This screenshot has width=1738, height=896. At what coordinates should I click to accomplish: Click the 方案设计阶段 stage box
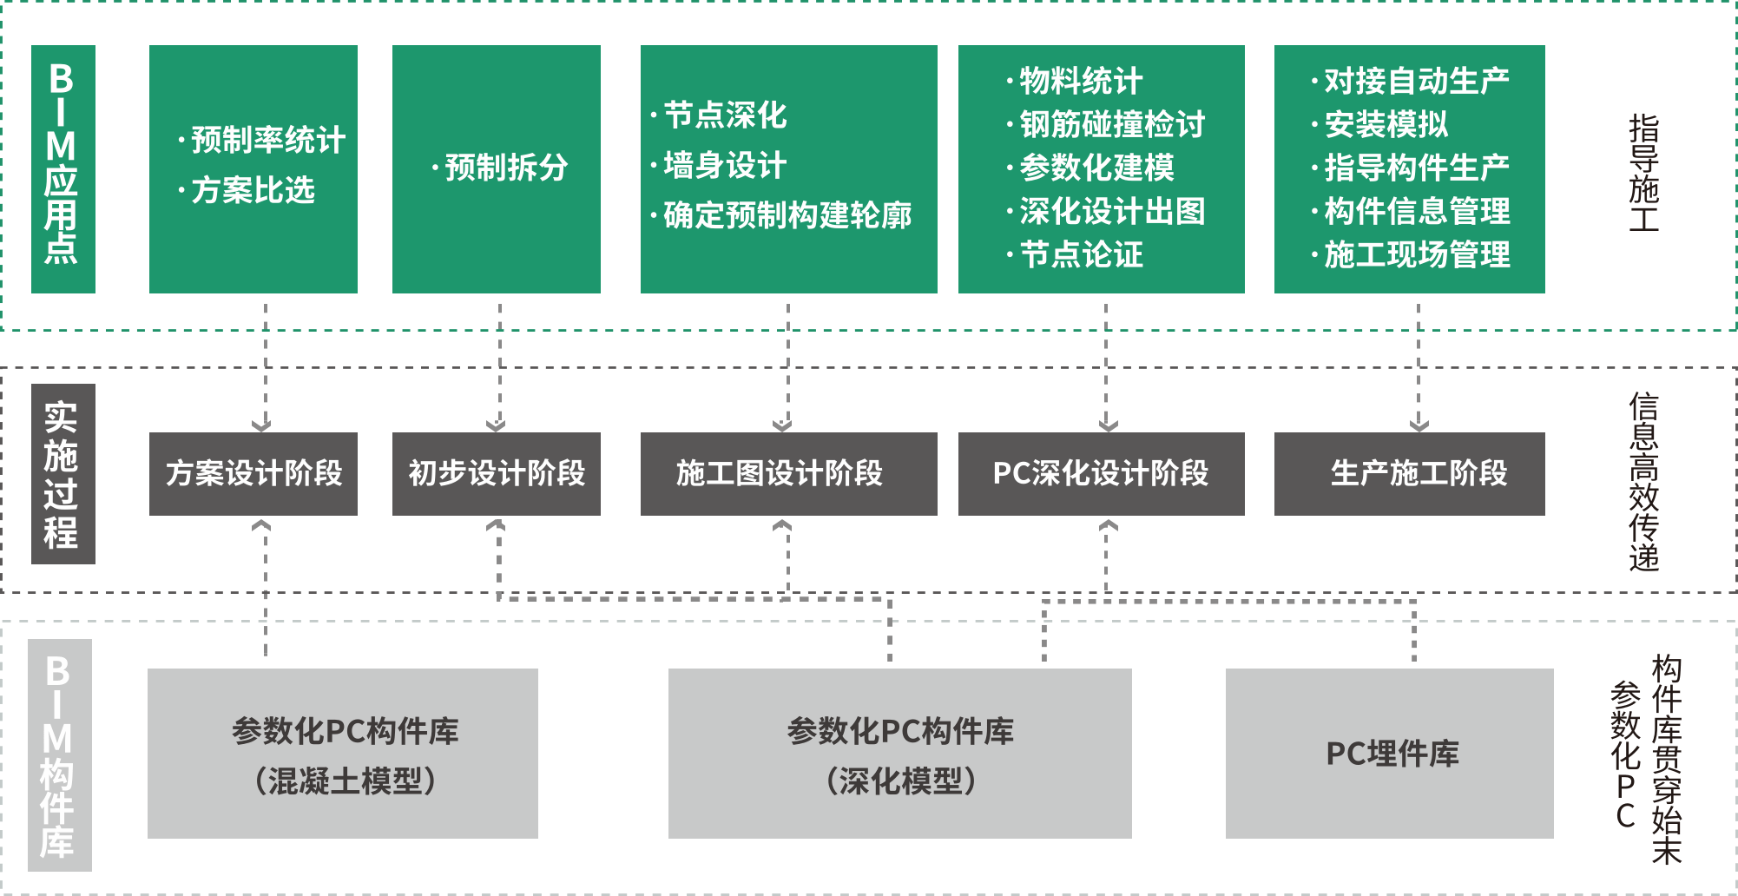tap(253, 474)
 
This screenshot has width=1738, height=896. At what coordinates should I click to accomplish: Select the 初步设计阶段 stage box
tap(497, 474)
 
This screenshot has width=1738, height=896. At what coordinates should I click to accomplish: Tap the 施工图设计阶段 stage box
tap(789, 474)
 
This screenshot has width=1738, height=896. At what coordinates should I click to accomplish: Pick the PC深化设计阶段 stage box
tap(1102, 474)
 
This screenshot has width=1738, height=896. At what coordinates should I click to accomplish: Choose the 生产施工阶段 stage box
tap(1410, 474)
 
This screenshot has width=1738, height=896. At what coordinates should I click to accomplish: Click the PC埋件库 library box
tap(1390, 754)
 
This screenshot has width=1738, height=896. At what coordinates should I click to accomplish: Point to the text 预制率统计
tap(268, 140)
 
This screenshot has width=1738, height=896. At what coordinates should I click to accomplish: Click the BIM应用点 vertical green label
tap(63, 169)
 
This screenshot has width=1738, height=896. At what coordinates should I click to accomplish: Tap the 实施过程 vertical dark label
tap(63, 474)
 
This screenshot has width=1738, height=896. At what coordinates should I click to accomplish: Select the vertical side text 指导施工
tap(1643, 173)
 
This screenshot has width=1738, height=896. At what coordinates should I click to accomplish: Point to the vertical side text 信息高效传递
tap(1643, 482)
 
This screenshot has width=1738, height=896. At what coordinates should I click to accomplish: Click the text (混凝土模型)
tap(345, 781)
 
